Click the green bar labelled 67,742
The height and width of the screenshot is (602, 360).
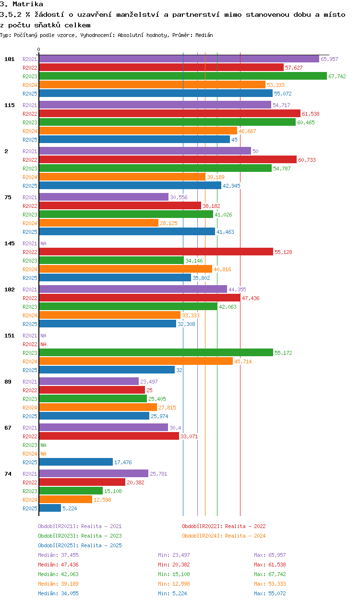pos(183,76)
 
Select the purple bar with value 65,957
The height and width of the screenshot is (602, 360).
pos(179,59)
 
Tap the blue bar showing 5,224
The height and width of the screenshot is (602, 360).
pos(50,508)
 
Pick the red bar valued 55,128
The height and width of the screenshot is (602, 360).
pos(156,252)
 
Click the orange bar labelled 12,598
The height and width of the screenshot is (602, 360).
pos(66,500)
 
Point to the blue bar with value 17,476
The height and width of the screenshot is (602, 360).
pos(76,462)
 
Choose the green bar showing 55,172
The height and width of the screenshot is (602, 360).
pos(156,352)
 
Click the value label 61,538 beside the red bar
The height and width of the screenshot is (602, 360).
pos(311,114)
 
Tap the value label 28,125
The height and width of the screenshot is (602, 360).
pos(168,223)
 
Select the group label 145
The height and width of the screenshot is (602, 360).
pos(10,243)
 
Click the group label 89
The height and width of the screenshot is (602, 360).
pos(8,382)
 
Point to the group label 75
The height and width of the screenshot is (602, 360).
pos(8,197)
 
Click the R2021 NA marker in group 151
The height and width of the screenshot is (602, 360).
pos(43,336)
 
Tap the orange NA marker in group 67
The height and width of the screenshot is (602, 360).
pos(43,454)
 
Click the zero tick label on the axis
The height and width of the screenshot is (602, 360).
pos(39,49)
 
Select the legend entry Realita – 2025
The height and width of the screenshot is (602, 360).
pos(80,545)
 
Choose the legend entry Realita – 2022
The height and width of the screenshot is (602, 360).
pos(224,526)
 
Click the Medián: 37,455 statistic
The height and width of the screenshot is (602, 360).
pos(58,555)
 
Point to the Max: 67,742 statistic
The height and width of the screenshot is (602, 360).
pos(270,574)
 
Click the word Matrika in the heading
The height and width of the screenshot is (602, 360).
pos(28,4)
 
